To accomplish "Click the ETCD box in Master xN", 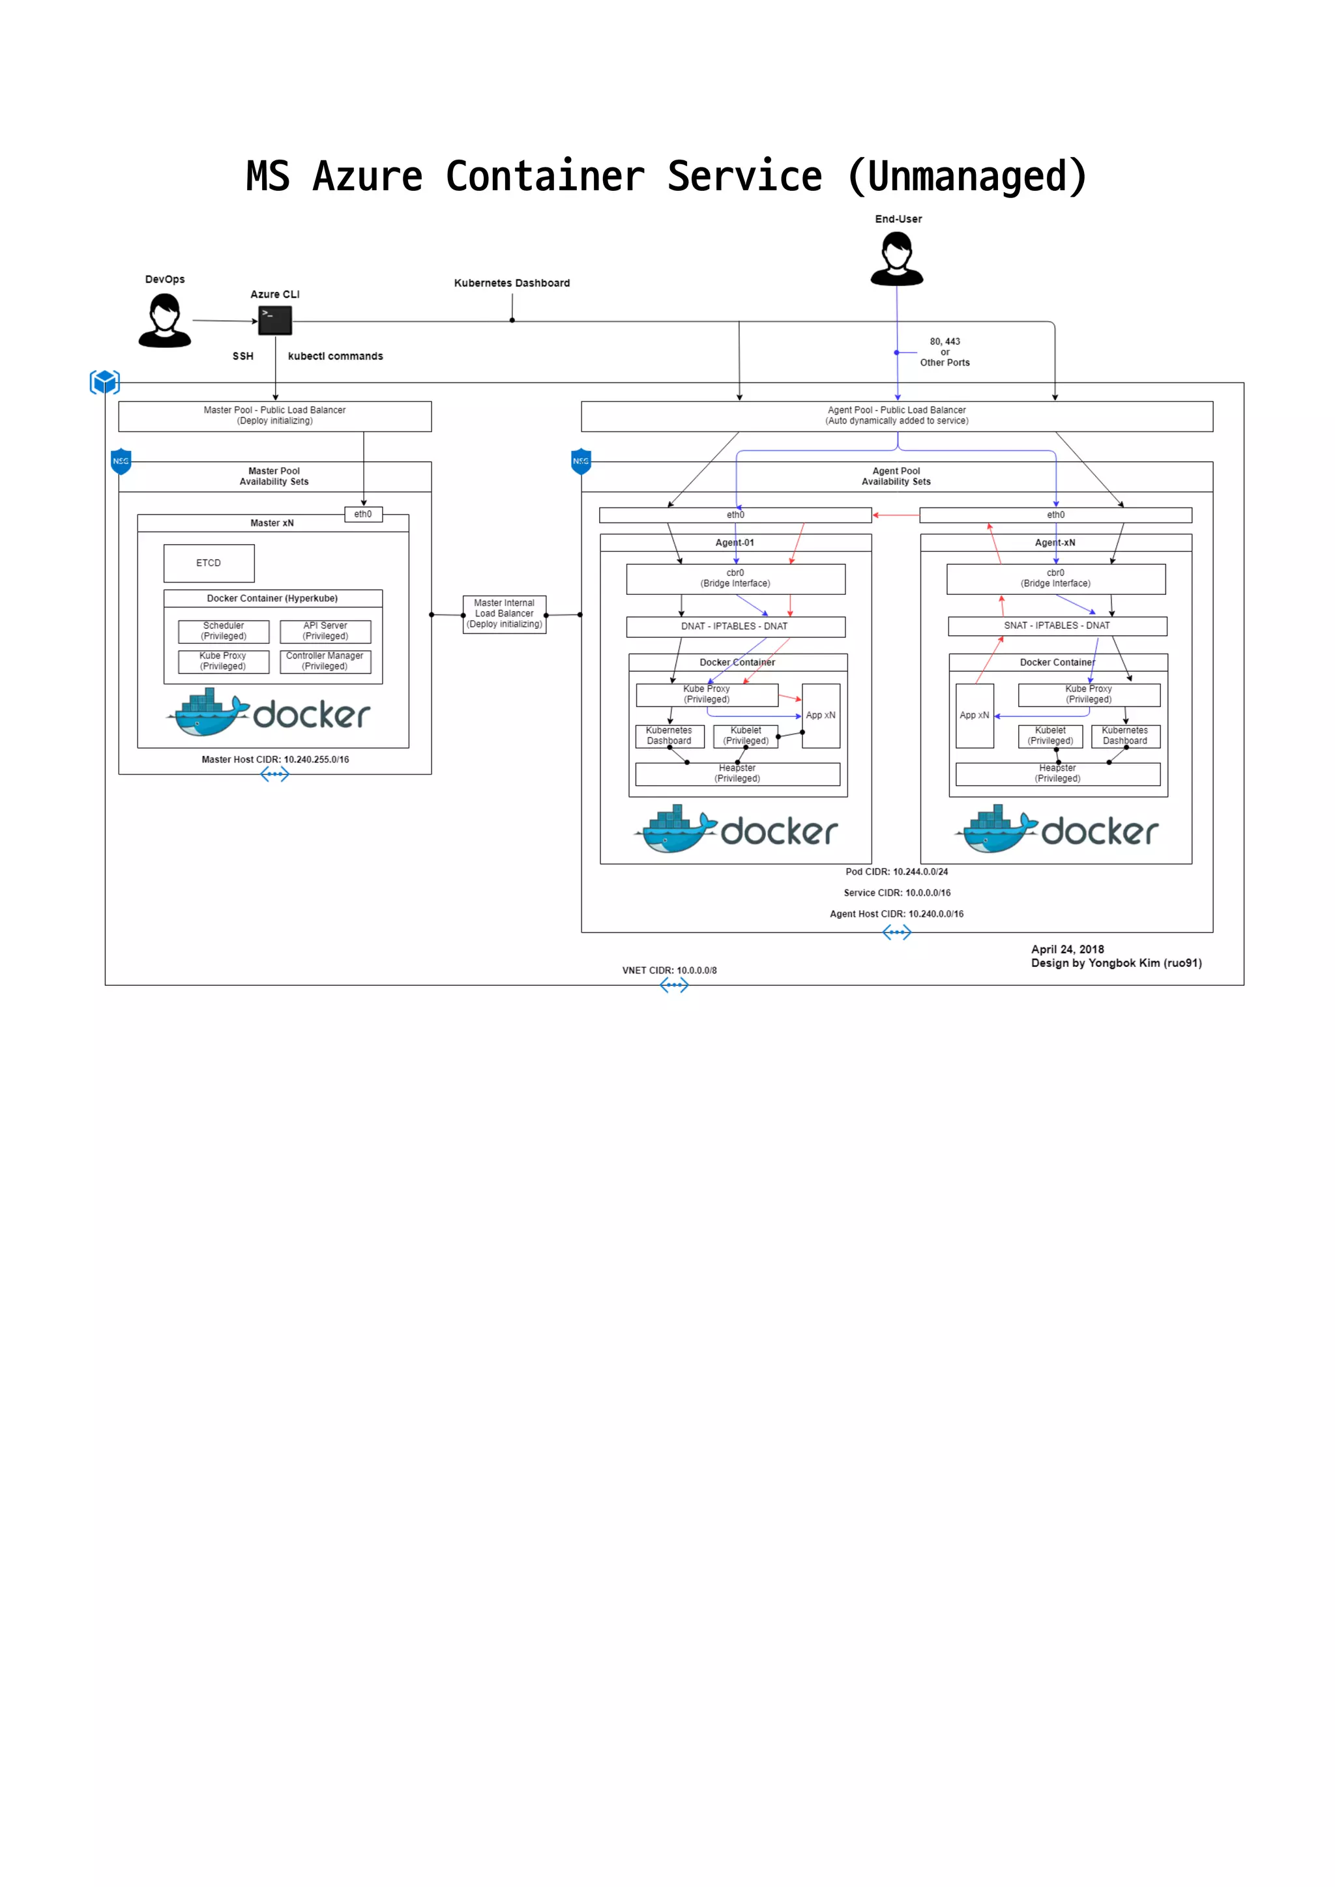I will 209,563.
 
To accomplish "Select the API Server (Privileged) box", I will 325,631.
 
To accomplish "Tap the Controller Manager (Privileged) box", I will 325,661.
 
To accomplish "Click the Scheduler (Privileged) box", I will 224,631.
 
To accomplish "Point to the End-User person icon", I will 897,258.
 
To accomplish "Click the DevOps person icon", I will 165,321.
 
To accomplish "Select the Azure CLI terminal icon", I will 275,321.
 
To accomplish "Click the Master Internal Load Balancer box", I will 505,614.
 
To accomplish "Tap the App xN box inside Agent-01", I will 821,716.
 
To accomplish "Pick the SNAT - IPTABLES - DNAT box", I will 1057,626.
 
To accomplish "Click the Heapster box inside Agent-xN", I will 1057,774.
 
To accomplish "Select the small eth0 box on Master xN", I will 363,515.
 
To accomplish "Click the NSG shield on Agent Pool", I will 581,461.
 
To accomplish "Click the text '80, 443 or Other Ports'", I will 945,352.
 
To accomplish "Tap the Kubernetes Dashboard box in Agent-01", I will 669,736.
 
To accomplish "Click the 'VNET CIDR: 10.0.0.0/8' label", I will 669,971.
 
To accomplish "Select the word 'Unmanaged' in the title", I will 967,177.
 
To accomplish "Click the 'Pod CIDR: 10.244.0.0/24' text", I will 897,872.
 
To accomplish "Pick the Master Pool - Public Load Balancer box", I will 274,416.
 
